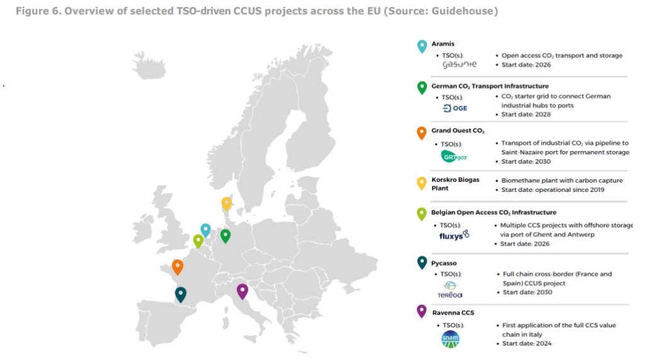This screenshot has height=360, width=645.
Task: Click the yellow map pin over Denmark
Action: (x=227, y=204)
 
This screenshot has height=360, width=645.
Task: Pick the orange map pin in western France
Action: (x=178, y=267)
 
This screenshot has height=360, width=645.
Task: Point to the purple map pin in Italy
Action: (x=242, y=291)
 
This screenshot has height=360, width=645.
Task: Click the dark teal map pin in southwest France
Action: (x=181, y=294)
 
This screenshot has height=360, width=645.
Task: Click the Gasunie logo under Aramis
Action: (x=459, y=65)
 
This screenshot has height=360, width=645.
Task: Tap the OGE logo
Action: (x=455, y=108)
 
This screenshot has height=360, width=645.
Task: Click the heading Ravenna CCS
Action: (x=453, y=312)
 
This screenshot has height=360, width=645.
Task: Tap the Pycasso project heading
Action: (x=444, y=263)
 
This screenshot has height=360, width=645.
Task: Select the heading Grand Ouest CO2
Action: (x=457, y=131)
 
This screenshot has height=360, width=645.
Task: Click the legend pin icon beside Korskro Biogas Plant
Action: (x=421, y=183)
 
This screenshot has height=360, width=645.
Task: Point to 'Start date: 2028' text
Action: (x=527, y=115)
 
